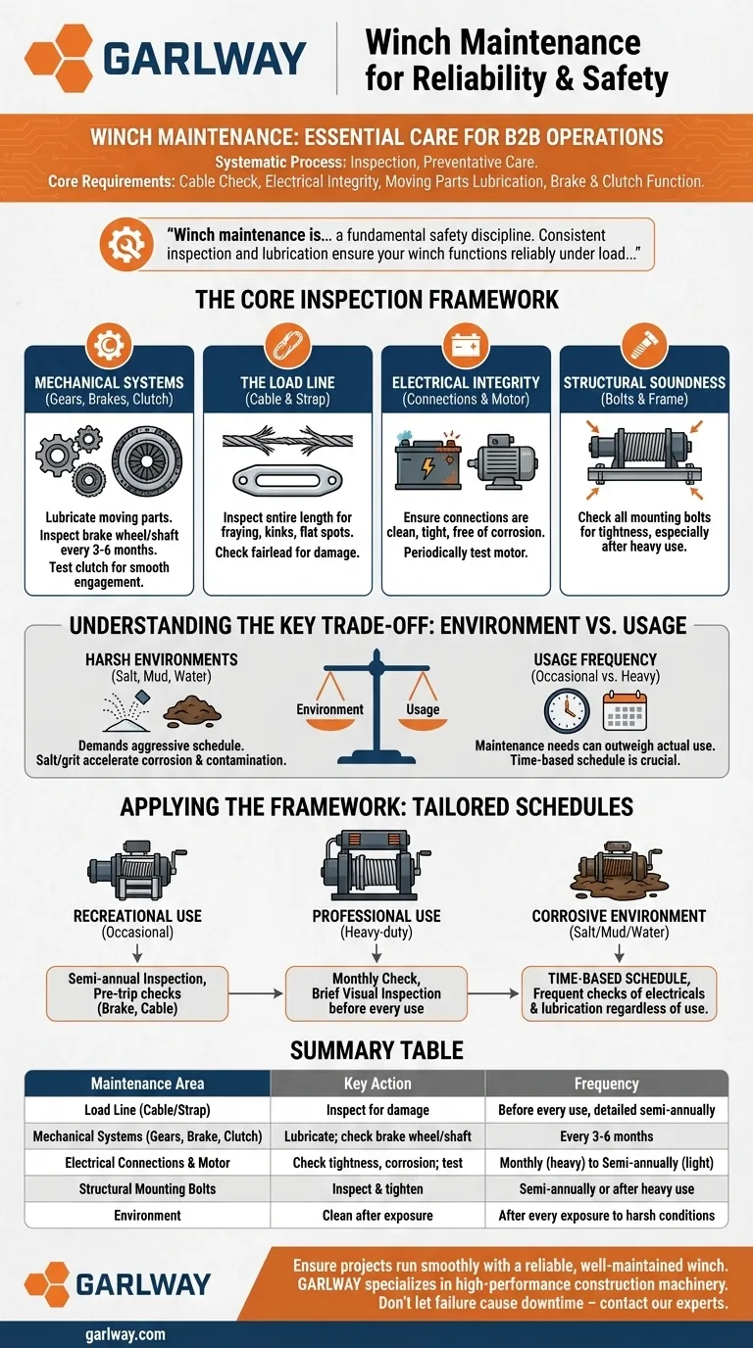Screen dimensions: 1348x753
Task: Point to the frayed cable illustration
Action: point(287,438)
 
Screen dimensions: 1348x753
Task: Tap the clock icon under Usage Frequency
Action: point(567,710)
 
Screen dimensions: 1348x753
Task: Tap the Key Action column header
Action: point(377,1083)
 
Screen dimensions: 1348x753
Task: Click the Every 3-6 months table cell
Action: point(606,1136)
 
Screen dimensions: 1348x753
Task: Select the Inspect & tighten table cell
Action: point(377,1188)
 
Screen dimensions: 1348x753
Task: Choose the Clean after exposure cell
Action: point(377,1215)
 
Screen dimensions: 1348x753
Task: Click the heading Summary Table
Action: point(376,1050)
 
